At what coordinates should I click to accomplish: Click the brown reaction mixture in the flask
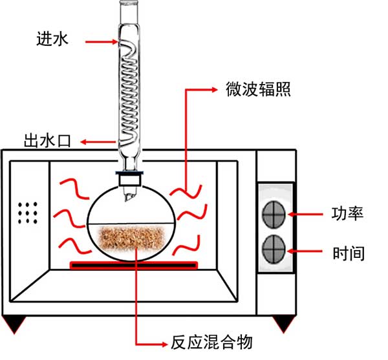tap(135, 238)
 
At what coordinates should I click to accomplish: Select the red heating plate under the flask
tap(134, 264)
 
